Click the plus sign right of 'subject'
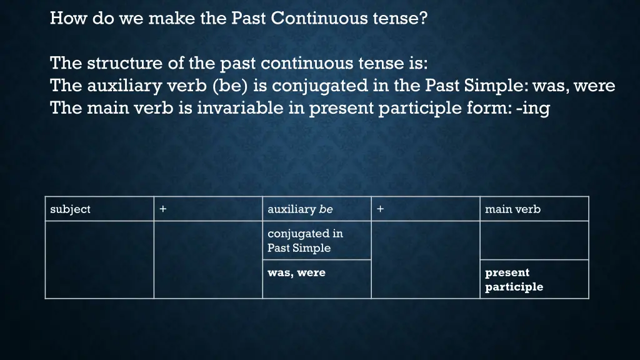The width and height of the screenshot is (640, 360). tap(162, 209)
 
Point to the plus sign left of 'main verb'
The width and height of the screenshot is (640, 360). tap(380, 209)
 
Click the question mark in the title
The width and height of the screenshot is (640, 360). tap(424, 19)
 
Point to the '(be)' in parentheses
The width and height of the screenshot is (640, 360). tap(232, 86)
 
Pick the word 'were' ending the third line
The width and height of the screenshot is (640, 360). tap(594, 86)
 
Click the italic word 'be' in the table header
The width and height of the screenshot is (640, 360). tap(326, 209)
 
